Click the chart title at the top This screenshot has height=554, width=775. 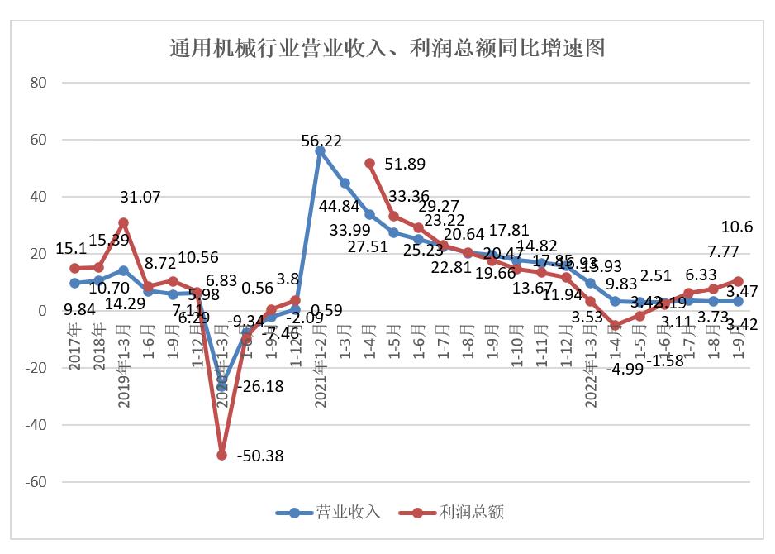click(x=387, y=47)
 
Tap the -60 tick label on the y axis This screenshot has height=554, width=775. click(x=36, y=482)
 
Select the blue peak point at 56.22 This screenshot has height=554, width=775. click(x=320, y=151)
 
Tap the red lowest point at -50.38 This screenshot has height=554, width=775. click(x=221, y=455)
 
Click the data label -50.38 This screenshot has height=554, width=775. click(x=261, y=456)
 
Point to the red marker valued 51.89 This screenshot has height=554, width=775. click(x=369, y=164)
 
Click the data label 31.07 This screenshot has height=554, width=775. click(x=140, y=197)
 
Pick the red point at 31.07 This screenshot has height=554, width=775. click(x=123, y=222)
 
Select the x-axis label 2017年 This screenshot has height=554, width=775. click(x=74, y=348)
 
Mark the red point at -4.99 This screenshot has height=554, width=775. click(x=615, y=325)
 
